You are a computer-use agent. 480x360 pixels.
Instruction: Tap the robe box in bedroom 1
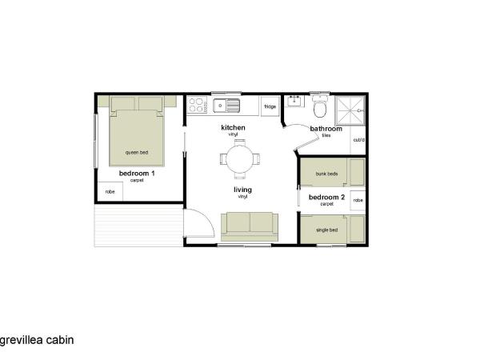(x=110, y=192)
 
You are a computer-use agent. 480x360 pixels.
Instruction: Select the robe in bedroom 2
(x=358, y=199)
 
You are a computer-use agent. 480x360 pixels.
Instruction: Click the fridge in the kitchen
(x=270, y=106)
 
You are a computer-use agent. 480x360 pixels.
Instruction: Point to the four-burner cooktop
(x=197, y=105)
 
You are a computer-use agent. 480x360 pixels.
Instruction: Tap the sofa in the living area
(x=250, y=226)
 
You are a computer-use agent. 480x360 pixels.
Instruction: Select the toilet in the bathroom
(x=321, y=106)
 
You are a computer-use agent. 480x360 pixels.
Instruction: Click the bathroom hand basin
(x=295, y=102)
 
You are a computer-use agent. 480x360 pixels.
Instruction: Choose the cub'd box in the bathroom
(x=358, y=141)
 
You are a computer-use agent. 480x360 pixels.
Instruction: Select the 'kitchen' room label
(x=233, y=128)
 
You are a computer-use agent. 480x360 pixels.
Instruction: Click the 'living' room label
(x=242, y=190)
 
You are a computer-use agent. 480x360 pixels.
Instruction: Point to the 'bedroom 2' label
(x=326, y=197)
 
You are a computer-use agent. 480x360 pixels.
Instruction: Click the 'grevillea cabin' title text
(x=37, y=339)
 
